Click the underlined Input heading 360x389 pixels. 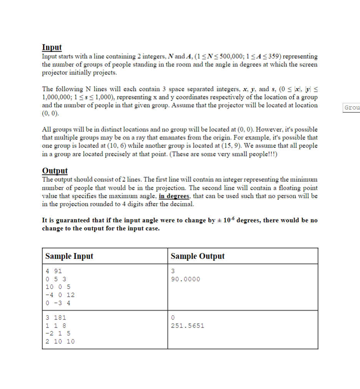51,47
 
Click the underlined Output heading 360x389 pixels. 55,171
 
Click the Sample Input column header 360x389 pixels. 69,256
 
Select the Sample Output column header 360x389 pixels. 197,256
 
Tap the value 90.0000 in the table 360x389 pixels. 186,279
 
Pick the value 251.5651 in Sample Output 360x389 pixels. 187,326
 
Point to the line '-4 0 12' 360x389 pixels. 60,295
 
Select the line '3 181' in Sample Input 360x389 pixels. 56,318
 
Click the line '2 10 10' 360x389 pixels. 60,341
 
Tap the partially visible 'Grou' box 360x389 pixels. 352,108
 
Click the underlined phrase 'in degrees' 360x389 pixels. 174,196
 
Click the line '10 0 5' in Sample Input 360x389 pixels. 58,287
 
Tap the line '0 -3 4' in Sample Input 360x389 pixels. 58,303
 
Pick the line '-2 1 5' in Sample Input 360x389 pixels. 58,333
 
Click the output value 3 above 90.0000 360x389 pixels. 173,271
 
